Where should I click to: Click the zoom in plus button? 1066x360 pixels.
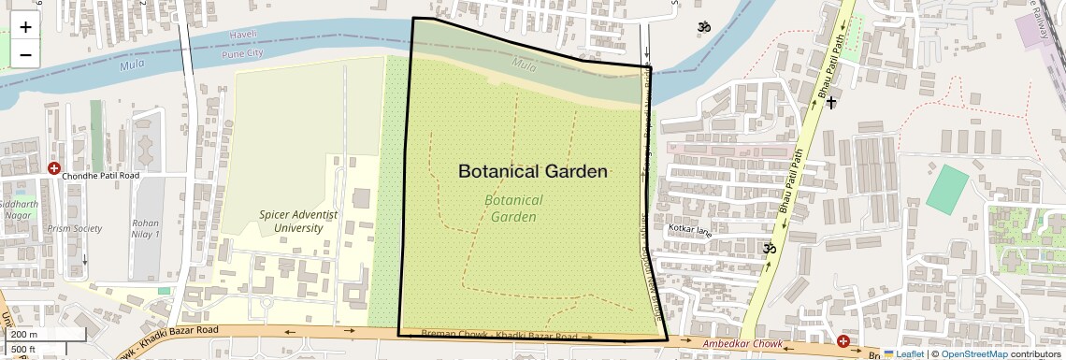(x=25, y=27)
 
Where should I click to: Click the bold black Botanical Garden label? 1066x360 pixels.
(x=533, y=171)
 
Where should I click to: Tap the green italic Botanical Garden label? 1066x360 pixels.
(x=514, y=209)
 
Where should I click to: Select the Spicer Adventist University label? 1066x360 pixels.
(x=298, y=221)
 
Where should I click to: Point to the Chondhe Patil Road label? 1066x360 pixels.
(x=100, y=175)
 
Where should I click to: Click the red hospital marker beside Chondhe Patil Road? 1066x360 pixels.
(x=53, y=169)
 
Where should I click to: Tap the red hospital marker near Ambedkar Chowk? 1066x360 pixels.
(x=843, y=342)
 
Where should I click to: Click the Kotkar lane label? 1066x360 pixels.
(x=690, y=229)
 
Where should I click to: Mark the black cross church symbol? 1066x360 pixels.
(x=830, y=101)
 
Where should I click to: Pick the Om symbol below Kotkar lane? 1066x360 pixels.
(x=770, y=249)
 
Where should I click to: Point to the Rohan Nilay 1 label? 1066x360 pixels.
(x=147, y=228)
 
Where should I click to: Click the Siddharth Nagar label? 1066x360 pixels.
(x=20, y=209)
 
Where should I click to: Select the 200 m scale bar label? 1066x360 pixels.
(x=24, y=335)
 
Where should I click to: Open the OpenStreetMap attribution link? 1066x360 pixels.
(x=973, y=353)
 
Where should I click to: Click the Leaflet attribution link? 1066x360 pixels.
(x=902, y=353)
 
